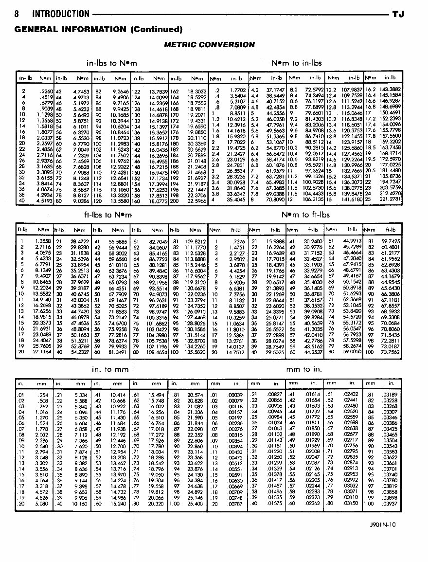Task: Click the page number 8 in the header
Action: [17, 14]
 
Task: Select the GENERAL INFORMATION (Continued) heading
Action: [99, 29]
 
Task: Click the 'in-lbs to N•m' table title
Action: [111, 63]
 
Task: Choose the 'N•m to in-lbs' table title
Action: [296, 63]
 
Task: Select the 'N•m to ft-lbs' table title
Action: [305, 215]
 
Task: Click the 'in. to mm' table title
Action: [110, 369]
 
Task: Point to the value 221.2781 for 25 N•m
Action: [390, 199]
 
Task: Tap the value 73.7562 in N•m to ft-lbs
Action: [390, 351]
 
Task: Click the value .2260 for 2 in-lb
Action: [45, 91]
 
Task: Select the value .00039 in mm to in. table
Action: [235, 394]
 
